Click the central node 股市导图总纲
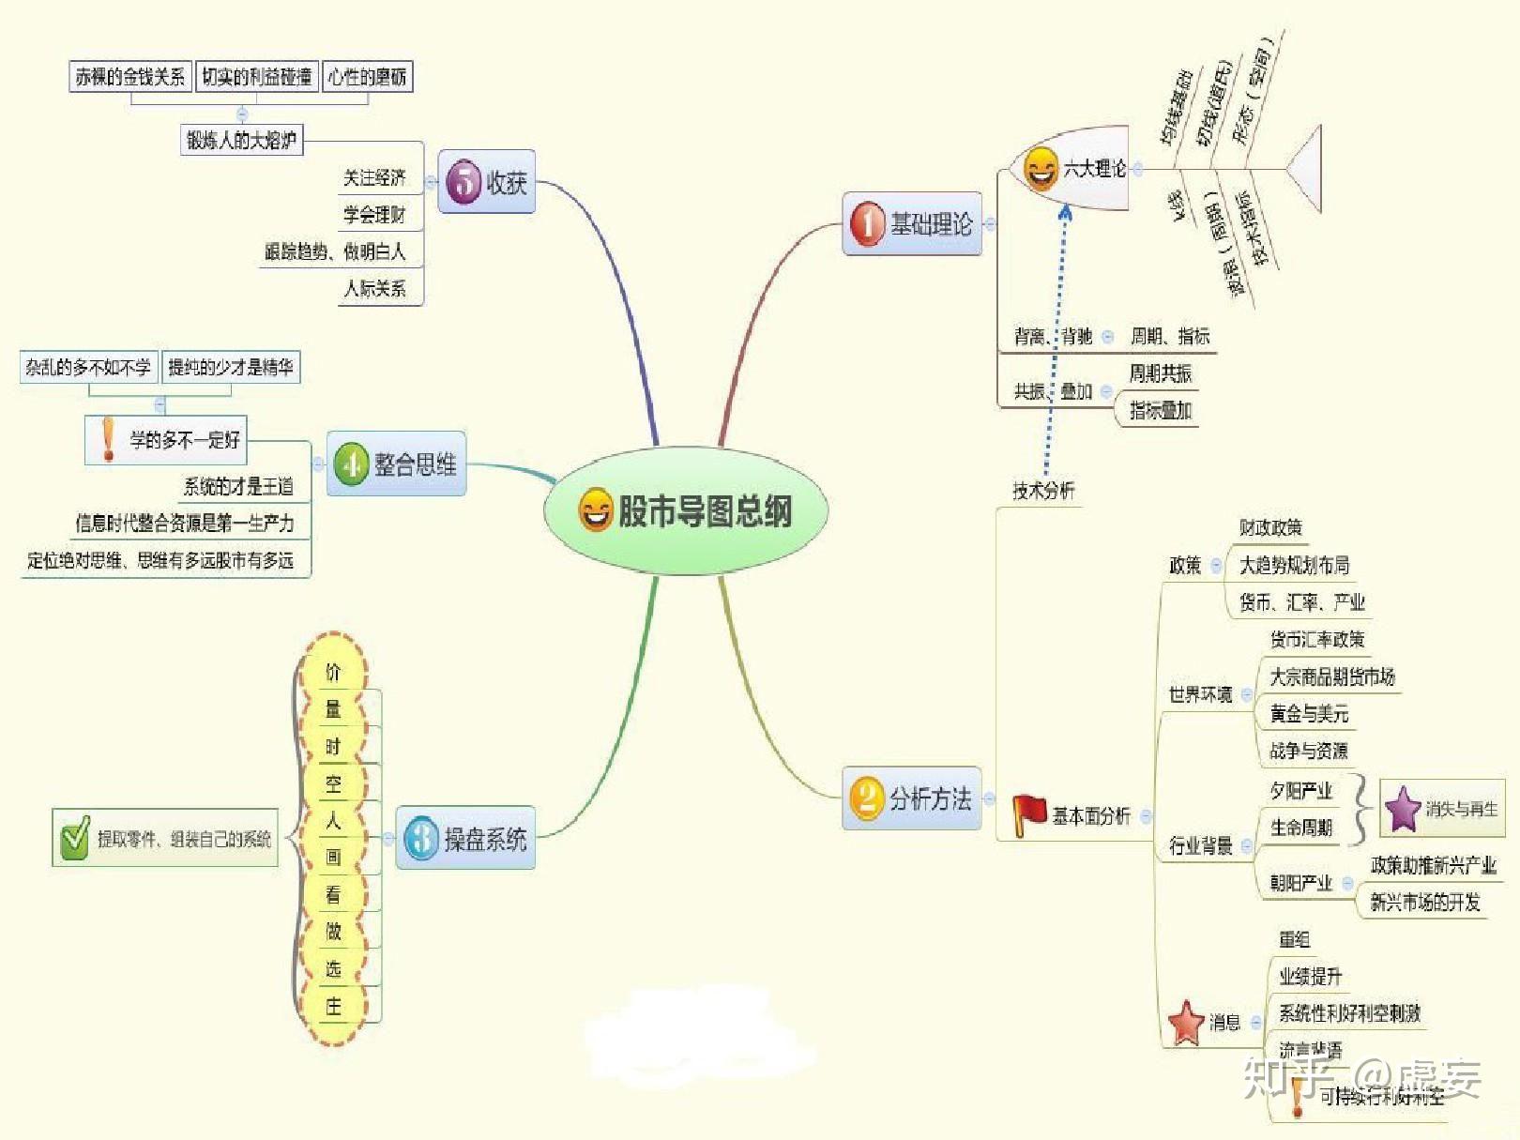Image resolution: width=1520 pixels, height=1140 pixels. (686, 511)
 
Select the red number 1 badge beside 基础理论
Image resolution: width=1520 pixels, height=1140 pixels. (867, 224)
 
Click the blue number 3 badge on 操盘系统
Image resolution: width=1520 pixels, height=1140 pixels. (421, 838)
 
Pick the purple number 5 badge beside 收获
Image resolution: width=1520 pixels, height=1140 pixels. (464, 182)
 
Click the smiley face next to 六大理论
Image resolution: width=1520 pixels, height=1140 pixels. (1041, 169)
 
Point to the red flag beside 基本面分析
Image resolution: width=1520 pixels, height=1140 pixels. (1029, 813)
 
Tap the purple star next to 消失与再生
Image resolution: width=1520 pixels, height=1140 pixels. (1403, 809)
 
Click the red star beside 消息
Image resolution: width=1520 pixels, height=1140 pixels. (1186, 1022)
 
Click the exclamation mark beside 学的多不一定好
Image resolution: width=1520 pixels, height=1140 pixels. (109, 439)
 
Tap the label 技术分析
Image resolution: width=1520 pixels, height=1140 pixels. (1042, 490)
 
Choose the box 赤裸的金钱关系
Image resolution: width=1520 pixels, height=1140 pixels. (129, 77)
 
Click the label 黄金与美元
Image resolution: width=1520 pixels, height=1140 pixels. (1308, 714)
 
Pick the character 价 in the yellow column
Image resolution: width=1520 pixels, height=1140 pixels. (333, 672)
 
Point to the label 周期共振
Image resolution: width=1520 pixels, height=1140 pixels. (1160, 373)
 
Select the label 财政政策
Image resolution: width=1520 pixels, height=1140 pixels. (1269, 527)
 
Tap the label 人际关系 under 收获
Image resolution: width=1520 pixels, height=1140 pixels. (374, 288)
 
